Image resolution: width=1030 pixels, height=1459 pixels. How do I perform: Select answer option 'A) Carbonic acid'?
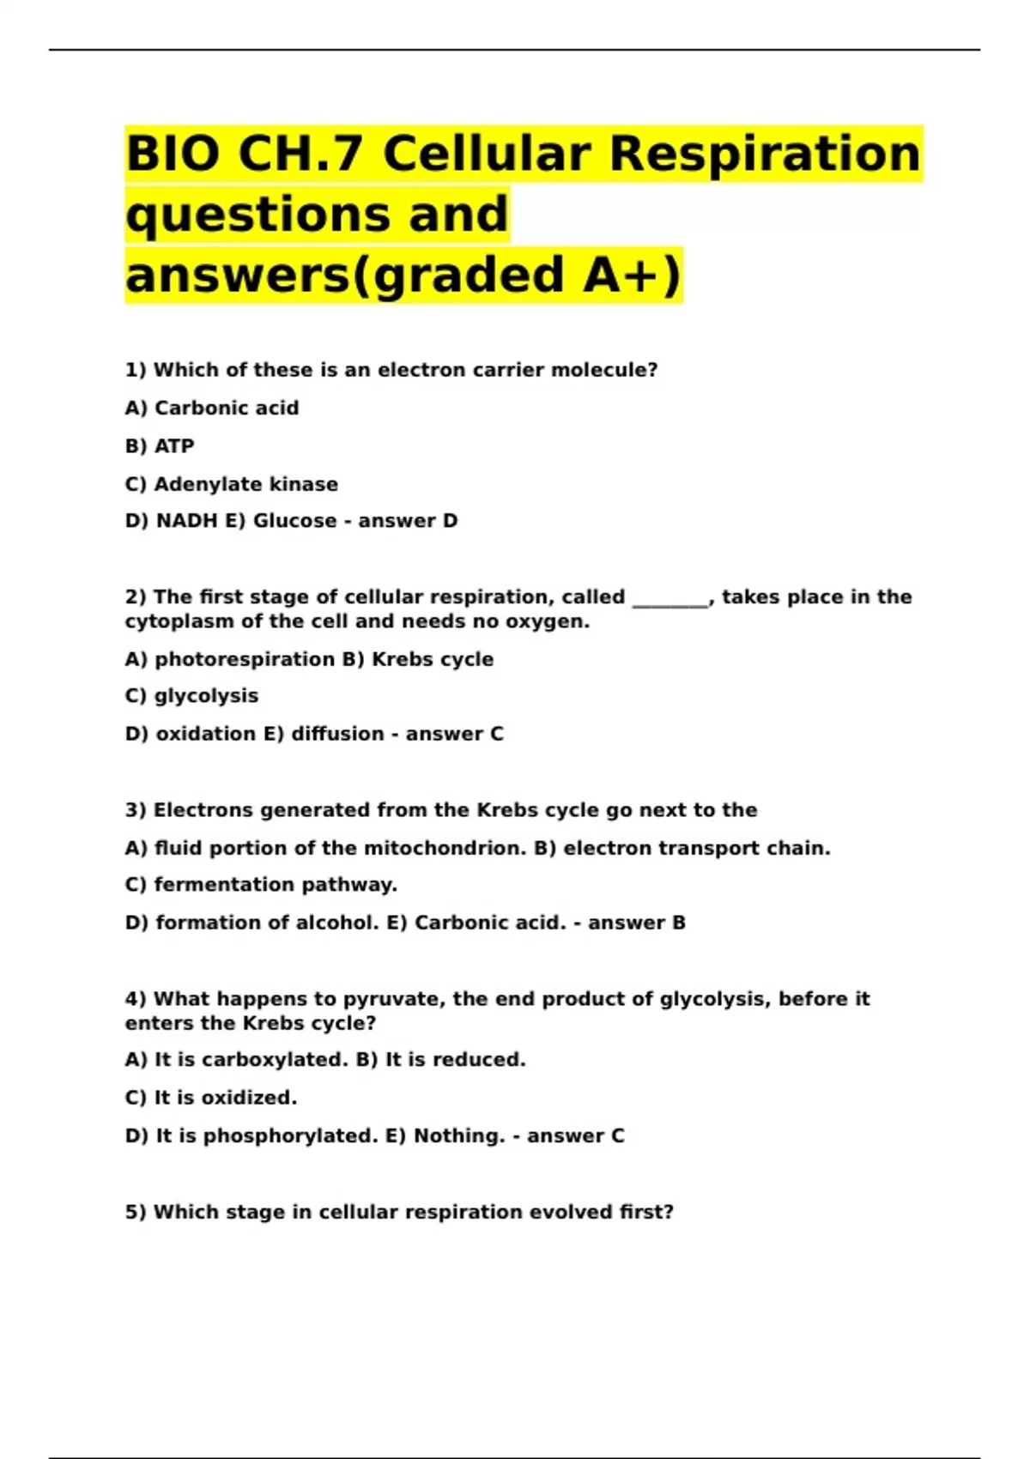212,408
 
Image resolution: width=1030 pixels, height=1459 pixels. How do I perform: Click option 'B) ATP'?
160,445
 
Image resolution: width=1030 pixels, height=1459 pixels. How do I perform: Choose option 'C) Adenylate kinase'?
231,484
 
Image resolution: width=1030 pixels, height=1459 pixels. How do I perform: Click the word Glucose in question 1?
294,521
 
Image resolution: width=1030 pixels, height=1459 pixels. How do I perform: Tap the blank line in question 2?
670,599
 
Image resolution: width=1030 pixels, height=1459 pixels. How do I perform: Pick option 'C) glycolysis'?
191,696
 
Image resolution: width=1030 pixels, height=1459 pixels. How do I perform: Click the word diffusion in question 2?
337,734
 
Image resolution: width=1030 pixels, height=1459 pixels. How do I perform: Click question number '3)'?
136,810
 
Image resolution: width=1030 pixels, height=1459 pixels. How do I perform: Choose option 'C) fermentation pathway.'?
261,885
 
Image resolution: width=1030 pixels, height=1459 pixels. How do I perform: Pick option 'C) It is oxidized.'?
211,1098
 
